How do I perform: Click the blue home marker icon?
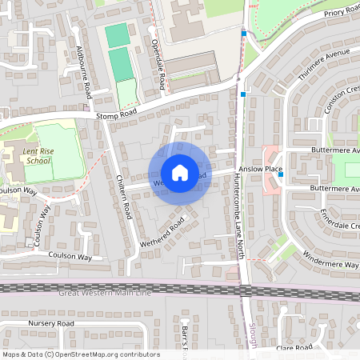click(180, 173)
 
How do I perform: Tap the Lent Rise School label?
click(38, 156)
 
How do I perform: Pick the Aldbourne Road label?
click(82, 72)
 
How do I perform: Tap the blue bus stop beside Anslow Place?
click(281, 174)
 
